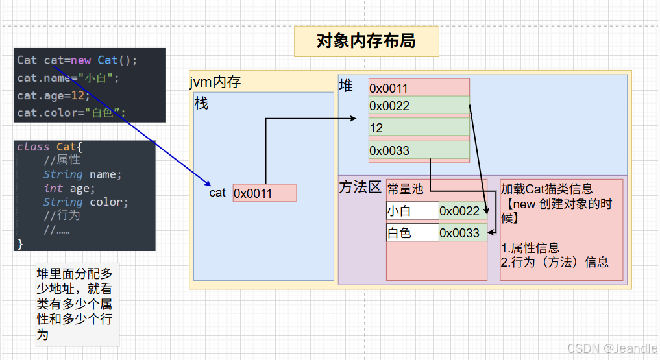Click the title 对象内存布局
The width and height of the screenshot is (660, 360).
pyautogui.click(x=366, y=42)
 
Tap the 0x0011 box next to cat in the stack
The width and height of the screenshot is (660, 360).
pyautogui.click(x=264, y=193)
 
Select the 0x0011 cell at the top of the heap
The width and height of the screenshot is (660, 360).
pyautogui.click(x=419, y=88)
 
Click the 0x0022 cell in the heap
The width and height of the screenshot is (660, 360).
pyautogui.click(x=419, y=106)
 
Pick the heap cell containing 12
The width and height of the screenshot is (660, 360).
pyautogui.click(x=419, y=128)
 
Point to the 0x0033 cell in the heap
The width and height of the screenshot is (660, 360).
pyautogui.click(x=419, y=150)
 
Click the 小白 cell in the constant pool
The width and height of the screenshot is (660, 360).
pyautogui.click(x=412, y=211)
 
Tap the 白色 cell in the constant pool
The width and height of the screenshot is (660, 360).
pyautogui.click(x=412, y=233)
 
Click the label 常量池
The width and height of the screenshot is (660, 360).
pyautogui.click(x=405, y=189)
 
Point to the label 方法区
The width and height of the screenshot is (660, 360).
pyautogui.click(x=360, y=187)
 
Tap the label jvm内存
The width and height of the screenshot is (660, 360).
pyautogui.click(x=215, y=82)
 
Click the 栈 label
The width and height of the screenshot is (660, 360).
pyautogui.click(x=202, y=103)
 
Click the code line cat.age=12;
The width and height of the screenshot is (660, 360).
pyautogui.click(x=53, y=95)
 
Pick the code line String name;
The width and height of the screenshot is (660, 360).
pyautogui.click(x=82, y=174)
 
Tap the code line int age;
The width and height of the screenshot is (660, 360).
pyautogui.click(x=69, y=188)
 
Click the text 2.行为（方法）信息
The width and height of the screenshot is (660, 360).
pyautogui.click(x=555, y=262)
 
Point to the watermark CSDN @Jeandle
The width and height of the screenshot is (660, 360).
pyautogui.click(x=612, y=348)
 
